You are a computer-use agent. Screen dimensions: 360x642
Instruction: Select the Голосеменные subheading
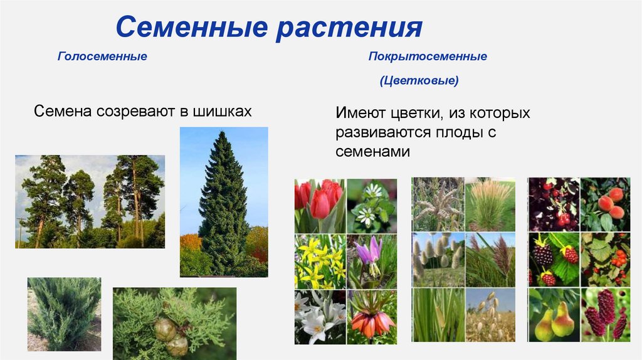(x=102, y=57)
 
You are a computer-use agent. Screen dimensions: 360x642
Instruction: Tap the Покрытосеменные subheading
(x=428, y=57)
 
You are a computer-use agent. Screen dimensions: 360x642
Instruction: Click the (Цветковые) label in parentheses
(x=419, y=82)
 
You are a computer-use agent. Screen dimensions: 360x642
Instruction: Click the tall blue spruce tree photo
(x=224, y=201)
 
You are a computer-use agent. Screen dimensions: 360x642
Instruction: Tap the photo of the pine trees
(x=90, y=201)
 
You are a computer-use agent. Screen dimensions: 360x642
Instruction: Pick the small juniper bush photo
(x=64, y=314)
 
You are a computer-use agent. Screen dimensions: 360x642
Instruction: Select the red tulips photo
(x=320, y=205)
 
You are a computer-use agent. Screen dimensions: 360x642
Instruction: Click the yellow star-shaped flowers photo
(x=320, y=261)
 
